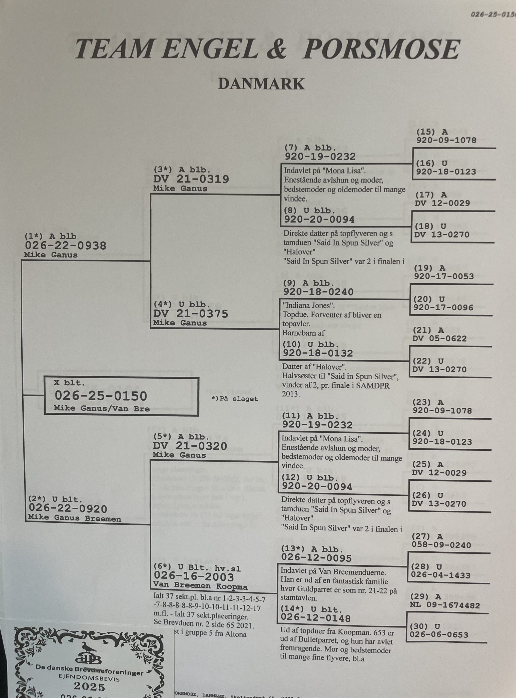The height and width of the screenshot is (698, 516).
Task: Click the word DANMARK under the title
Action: pyautogui.click(x=261, y=84)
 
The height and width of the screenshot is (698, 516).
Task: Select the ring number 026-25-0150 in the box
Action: pyautogui.click(x=101, y=396)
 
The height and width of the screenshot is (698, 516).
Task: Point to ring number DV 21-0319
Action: pyautogui.click(x=191, y=179)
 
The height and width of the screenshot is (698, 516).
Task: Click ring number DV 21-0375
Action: pyautogui.click(x=191, y=314)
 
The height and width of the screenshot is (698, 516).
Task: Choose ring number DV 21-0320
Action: pyautogui.click(x=190, y=446)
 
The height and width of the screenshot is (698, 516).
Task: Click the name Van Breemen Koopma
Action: pyautogui.click(x=200, y=586)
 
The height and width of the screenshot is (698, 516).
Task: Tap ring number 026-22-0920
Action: pyautogui.click(x=68, y=509)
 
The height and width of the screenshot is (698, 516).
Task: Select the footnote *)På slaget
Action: pyautogui.click(x=235, y=399)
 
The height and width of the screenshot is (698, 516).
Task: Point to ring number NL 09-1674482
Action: pyautogui.click(x=445, y=605)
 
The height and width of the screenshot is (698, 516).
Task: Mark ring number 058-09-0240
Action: pyautogui.click(x=441, y=545)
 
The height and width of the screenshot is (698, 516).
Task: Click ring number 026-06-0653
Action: pyautogui.click(x=439, y=634)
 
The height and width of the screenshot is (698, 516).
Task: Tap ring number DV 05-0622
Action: pyautogui.click(x=439, y=339)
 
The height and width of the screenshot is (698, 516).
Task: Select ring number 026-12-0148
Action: pyautogui.click(x=316, y=618)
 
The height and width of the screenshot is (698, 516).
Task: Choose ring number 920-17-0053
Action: pyautogui.click(x=444, y=276)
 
